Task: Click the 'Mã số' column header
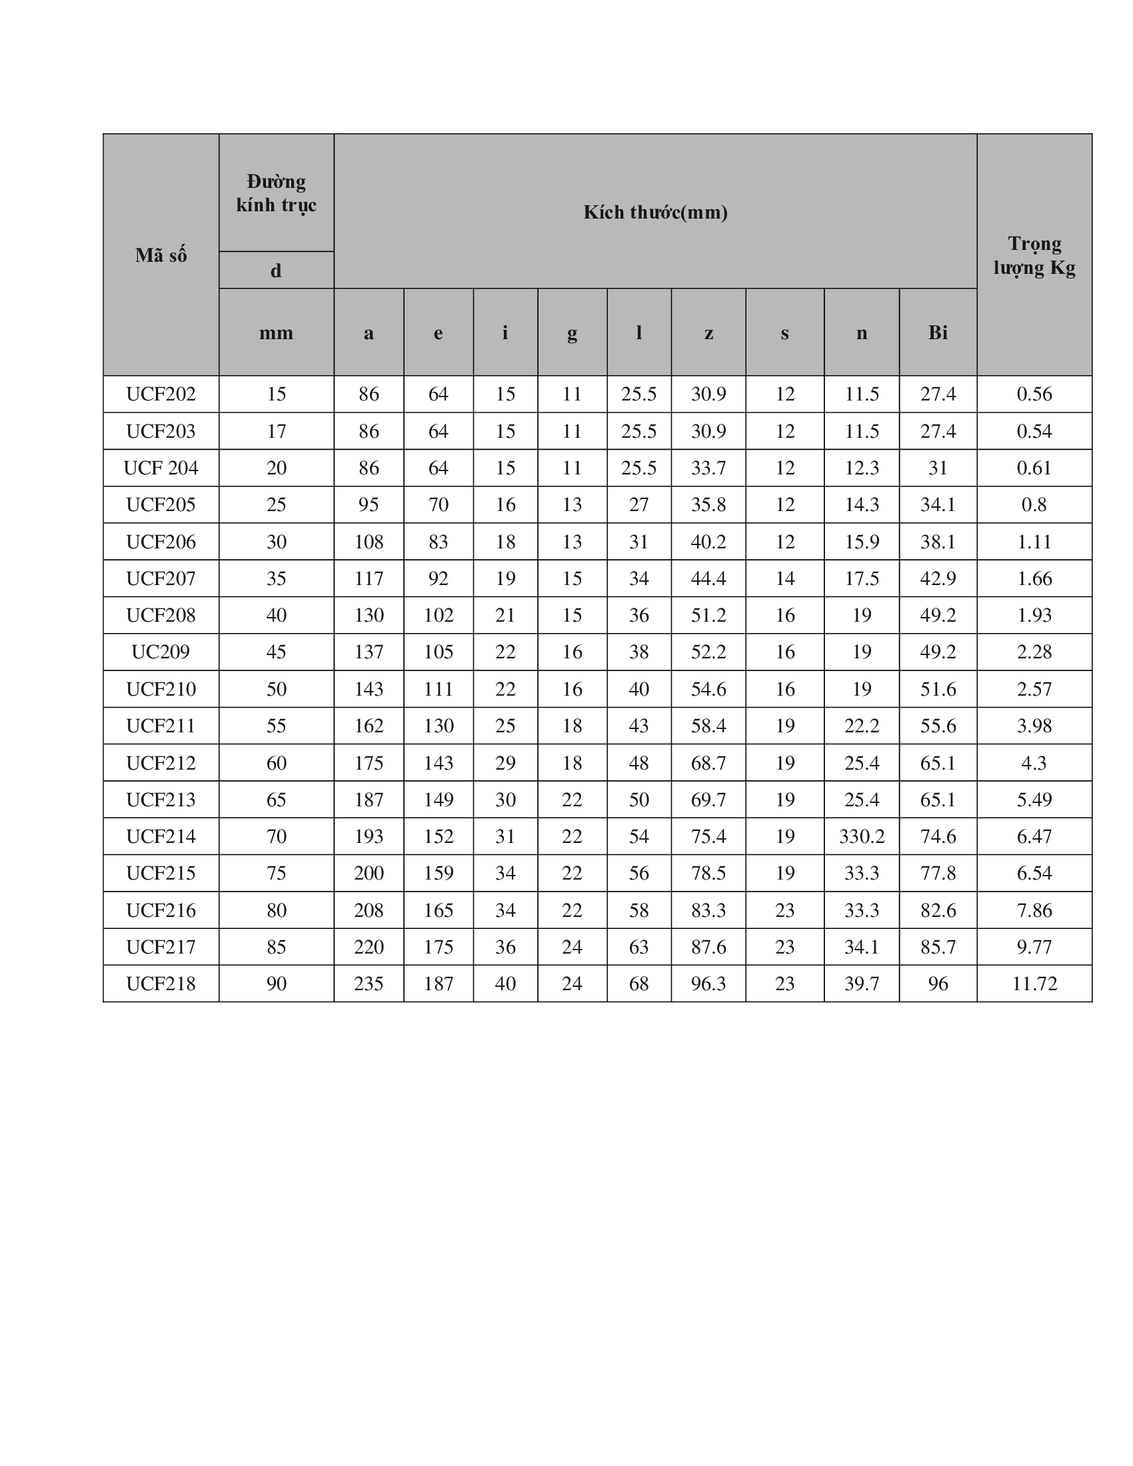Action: pos(161,255)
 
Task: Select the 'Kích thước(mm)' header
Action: pos(655,212)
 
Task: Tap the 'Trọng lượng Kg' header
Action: pos(1034,256)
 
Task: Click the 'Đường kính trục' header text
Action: pos(276,193)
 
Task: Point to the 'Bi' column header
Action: pos(938,333)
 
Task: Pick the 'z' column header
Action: pos(708,333)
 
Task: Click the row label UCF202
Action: pos(161,394)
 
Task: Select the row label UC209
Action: pos(161,652)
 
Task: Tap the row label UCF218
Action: pos(161,984)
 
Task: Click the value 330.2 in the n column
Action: pos(861,836)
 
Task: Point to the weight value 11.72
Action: pos(1034,984)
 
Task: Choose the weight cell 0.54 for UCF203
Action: pos(1034,431)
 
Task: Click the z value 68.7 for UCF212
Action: pos(708,762)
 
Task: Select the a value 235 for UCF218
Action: pos(369,984)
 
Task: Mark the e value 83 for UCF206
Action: pos(438,542)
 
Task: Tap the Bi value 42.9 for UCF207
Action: pos(938,578)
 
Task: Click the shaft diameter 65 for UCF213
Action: pos(276,800)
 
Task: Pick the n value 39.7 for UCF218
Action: pos(861,984)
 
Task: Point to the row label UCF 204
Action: pos(161,468)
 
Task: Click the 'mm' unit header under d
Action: pos(276,333)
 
